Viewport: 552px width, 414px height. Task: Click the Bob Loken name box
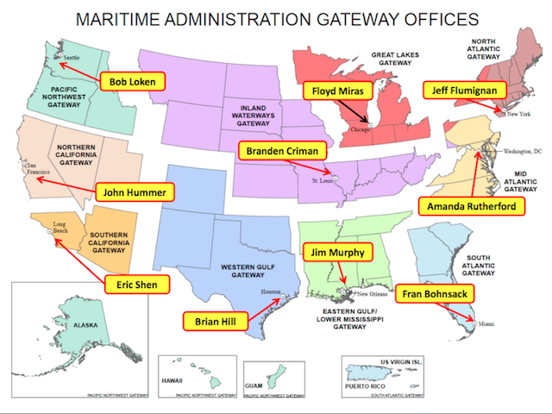(133, 82)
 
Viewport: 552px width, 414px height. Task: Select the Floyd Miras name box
(336, 91)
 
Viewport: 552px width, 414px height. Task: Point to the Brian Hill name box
(216, 321)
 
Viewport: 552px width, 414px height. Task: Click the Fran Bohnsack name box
(436, 295)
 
